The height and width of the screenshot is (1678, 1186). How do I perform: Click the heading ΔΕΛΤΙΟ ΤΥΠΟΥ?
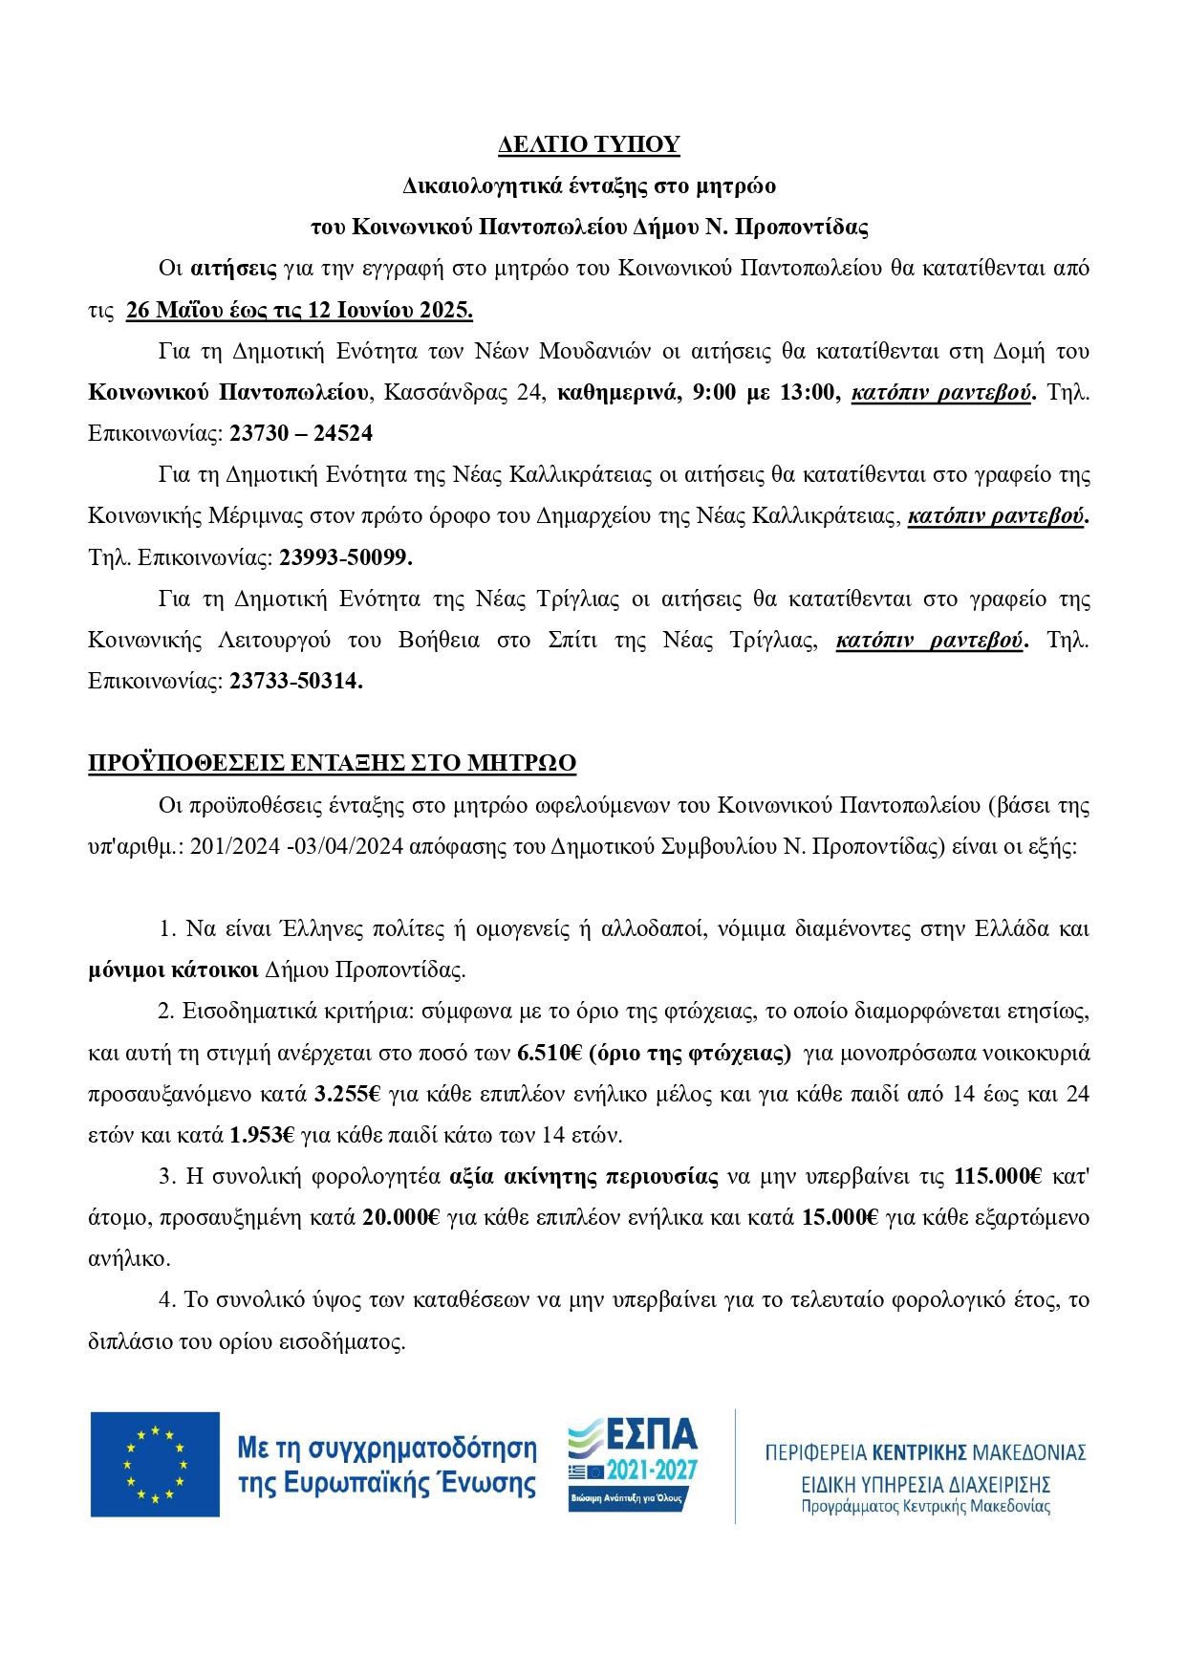pyautogui.click(x=589, y=144)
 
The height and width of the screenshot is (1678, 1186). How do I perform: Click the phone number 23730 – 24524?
pyautogui.click(x=301, y=433)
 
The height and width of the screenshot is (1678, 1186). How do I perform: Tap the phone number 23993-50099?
pyautogui.click(x=345, y=557)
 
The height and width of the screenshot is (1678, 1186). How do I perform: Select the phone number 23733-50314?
pyautogui.click(x=295, y=682)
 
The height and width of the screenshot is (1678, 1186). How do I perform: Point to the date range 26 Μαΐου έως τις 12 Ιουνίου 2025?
pyautogui.click(x=299, y=310)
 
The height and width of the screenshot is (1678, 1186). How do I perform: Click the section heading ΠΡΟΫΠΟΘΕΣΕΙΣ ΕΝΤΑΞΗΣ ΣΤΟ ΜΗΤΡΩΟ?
pyautogui.click(x=332, y=763)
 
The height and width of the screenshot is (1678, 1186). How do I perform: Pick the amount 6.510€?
pyautogui.click(x=550, y=1053)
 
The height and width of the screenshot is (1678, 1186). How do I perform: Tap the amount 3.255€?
pyautogui.click(x=347, y=1094)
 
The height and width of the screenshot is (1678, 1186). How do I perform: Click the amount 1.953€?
pyautogui.click(x=262, y=1135)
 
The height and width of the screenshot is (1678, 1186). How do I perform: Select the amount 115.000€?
pyautogui.click(x=998, y=1176)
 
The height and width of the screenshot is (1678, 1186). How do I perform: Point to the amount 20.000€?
pyautogui.click(x=401, y=1217)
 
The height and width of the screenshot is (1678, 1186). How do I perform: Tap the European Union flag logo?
pyautogui.click(x=155, y=1464)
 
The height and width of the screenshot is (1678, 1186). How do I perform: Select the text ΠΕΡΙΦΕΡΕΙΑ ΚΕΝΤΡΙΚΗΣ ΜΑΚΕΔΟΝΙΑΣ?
pyautogui.click(x=925, y=1452)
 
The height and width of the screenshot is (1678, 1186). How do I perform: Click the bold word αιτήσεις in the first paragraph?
pyautogui.click(x=233, y=269)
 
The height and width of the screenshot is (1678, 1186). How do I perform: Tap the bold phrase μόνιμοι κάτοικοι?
pyautogui.click(x=173, y=970)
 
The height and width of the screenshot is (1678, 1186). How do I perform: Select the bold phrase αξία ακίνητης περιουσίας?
pyautogui.click(x=583, y=1176)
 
